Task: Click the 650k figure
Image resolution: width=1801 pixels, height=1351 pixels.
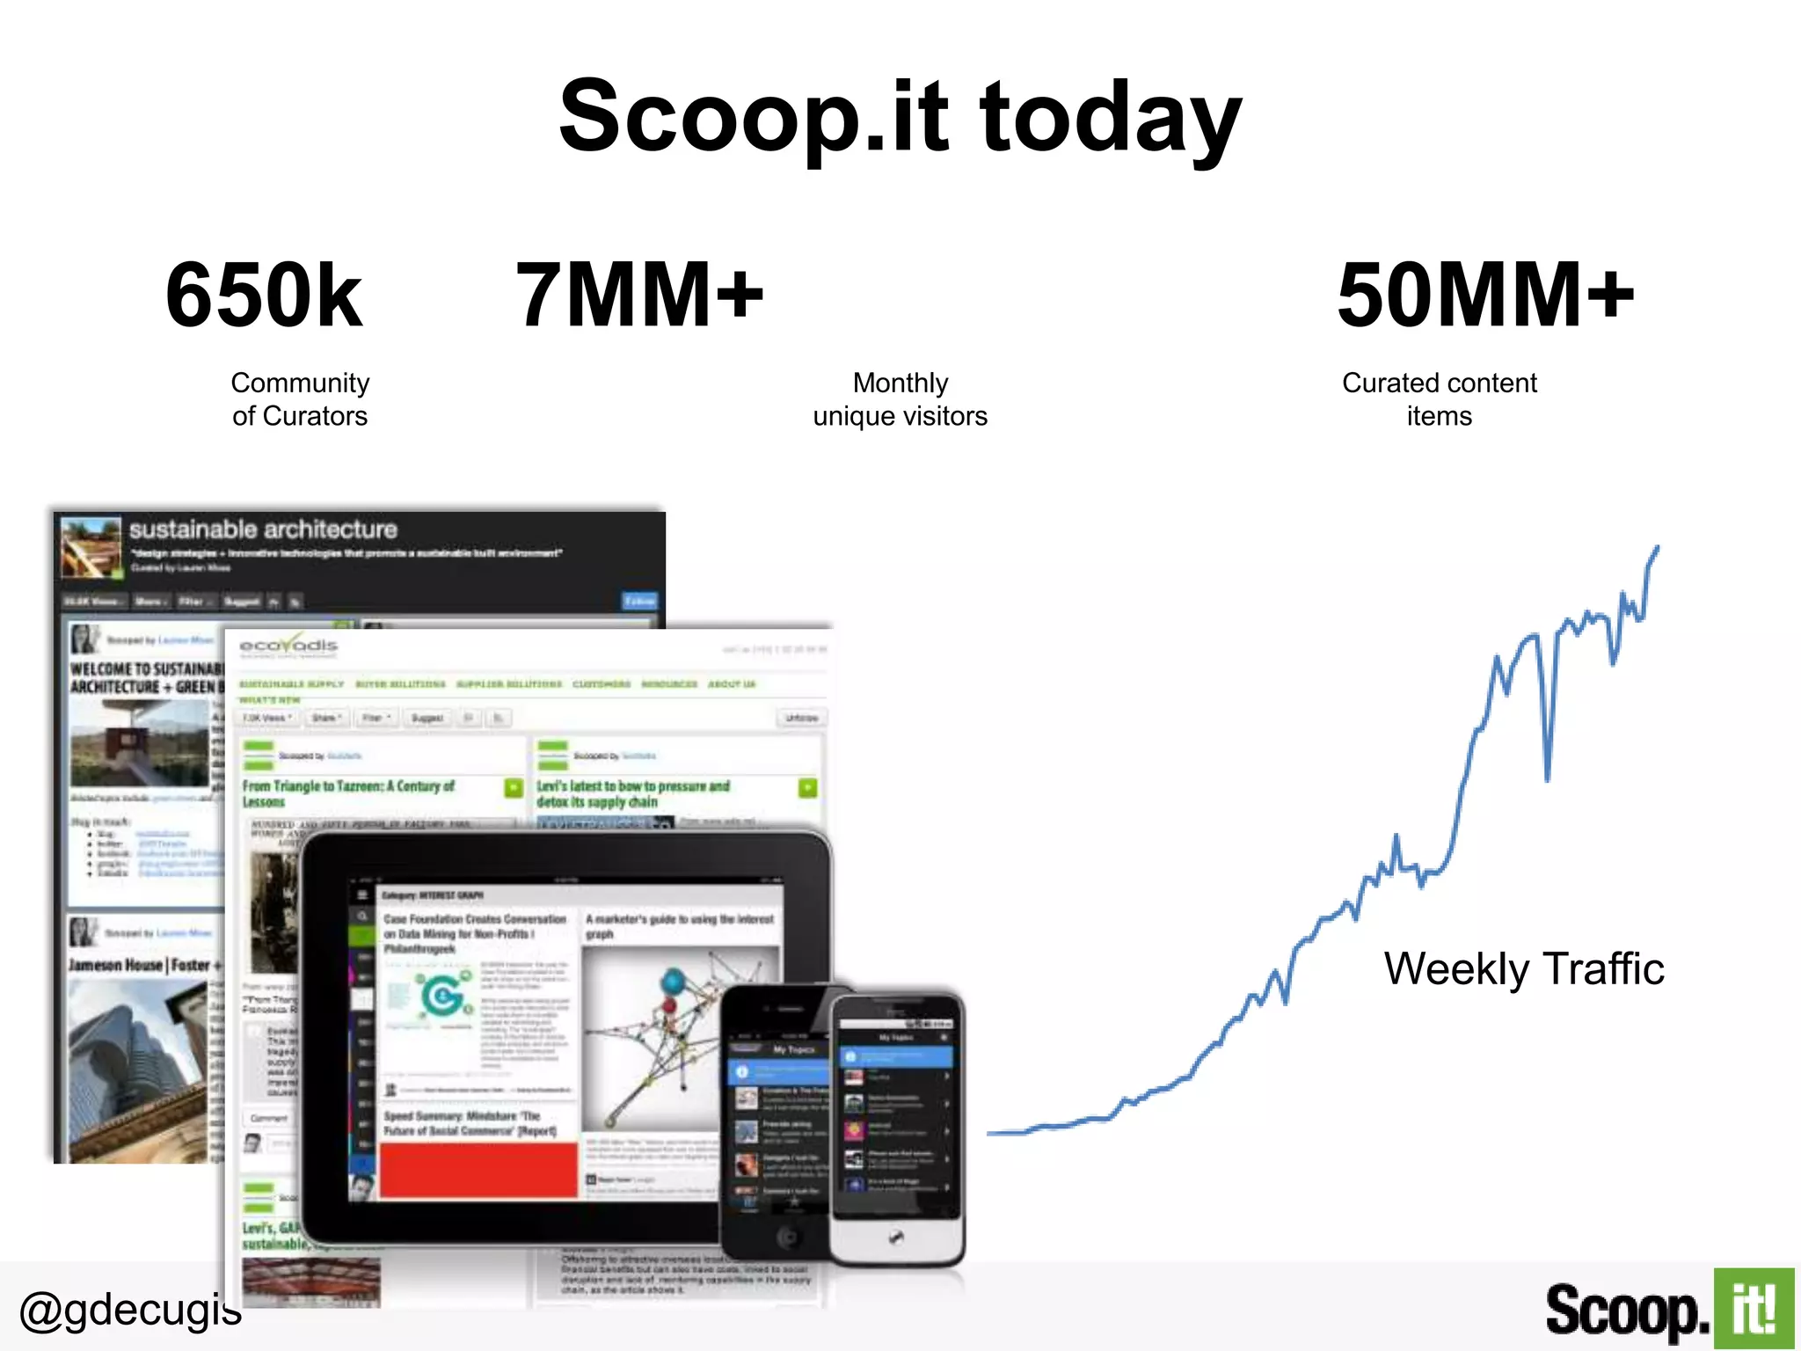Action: coord(264,296)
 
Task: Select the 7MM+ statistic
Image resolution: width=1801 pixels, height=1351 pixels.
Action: coord(639,296)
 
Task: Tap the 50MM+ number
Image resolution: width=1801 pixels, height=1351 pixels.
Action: coord(1485,296)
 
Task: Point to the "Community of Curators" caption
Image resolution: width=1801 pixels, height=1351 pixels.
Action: coord(300,399)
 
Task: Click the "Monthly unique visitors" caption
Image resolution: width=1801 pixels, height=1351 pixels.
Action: coord(900,399)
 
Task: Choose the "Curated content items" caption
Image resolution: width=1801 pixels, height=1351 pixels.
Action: coord(1440,399)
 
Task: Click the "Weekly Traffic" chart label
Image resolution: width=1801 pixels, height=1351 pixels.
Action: coord(1524,969)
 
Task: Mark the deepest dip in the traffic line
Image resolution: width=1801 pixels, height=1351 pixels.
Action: coord(1548,778)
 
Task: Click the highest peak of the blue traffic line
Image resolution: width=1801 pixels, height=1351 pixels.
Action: coord(1658,548)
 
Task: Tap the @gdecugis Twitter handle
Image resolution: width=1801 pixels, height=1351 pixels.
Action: coord(130,1311)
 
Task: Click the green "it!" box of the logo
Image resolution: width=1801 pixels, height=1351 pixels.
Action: coord(1754,1309)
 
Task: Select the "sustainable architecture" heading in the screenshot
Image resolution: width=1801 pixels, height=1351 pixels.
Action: coord(263,529)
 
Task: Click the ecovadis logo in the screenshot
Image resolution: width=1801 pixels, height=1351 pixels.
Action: coord(288,646)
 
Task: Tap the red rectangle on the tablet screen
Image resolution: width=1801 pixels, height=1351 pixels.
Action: coord(478,1170)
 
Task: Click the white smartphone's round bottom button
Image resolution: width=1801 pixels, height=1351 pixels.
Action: coord(895,1238)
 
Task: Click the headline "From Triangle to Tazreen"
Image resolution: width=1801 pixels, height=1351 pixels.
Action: coord(348,793)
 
